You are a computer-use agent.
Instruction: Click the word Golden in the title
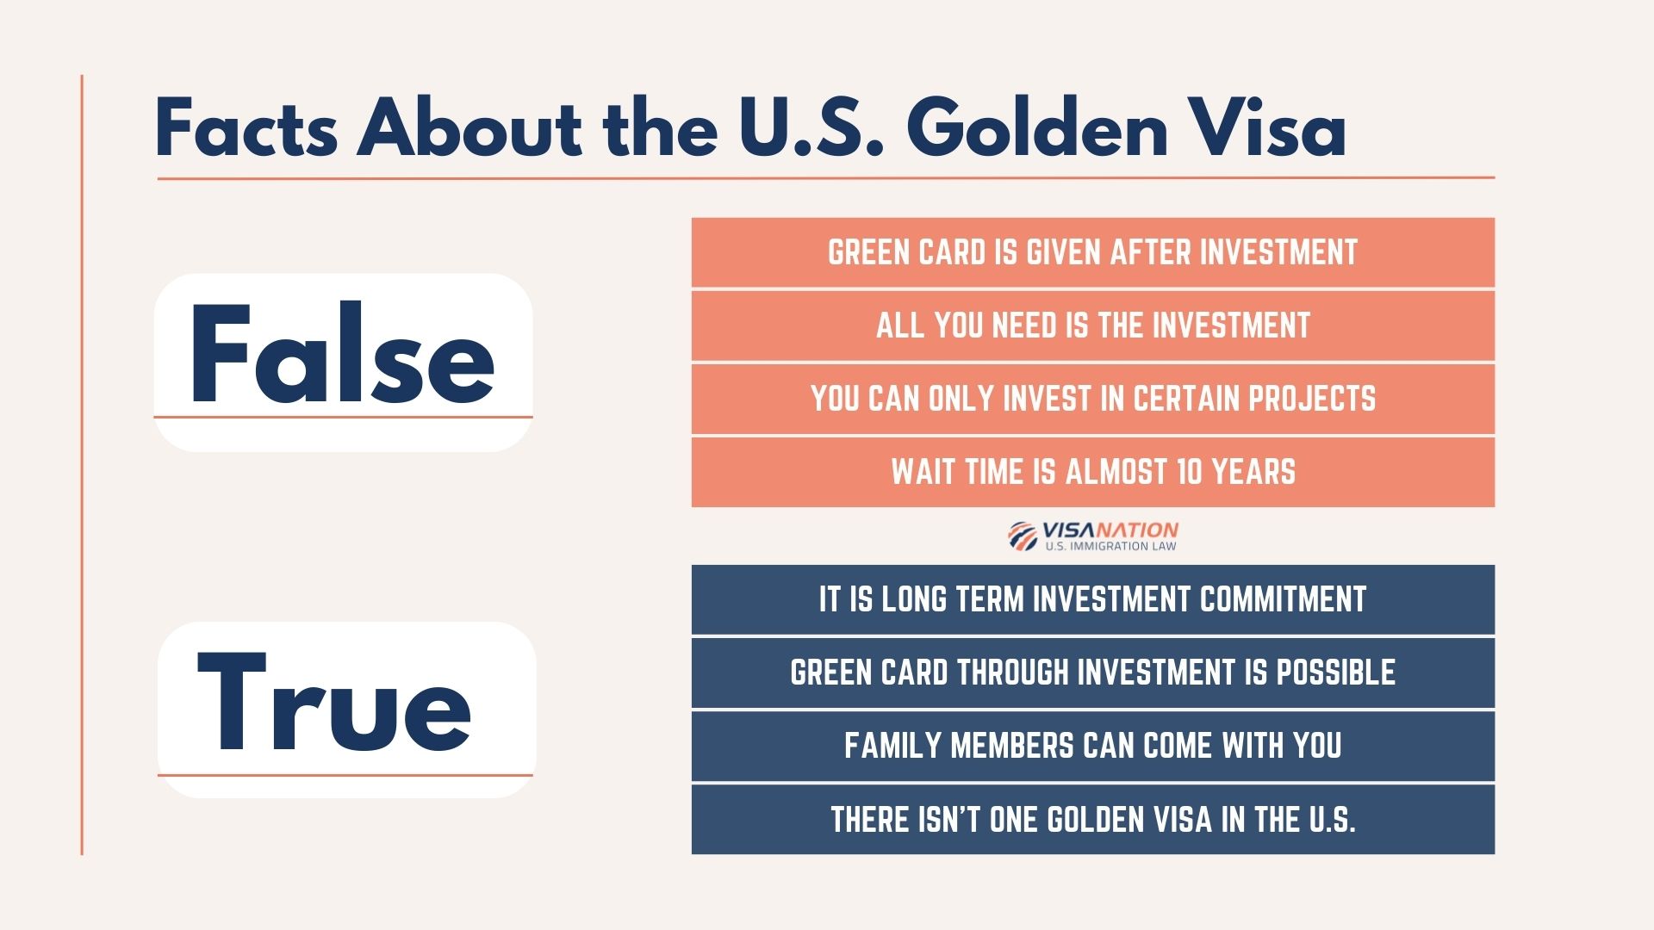coord(1036,129)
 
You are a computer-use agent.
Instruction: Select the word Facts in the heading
coord(246,129)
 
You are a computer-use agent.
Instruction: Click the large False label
coord(342,355)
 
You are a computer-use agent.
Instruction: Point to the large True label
coord(335,704)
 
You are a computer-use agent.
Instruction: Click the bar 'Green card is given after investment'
coord(1092,252)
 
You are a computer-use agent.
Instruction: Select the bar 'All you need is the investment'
coord(1092,325)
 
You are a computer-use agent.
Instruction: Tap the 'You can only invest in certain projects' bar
coord(1092,399)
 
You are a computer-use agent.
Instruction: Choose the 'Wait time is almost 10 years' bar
coord(1092,472)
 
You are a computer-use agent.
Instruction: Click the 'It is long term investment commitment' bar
coord(1092,599)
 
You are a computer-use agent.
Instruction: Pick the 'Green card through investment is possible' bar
coord(1092,673)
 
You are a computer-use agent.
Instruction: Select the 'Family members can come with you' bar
coord(1092,746)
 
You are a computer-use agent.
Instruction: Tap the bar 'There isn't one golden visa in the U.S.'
coord(1092,819)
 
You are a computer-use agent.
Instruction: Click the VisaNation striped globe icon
coord(1023,536)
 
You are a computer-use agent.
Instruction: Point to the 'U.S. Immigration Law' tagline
coord(1110,546)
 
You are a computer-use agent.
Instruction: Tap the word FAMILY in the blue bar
coord(892,746)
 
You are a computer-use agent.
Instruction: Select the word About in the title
coord(470,129)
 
